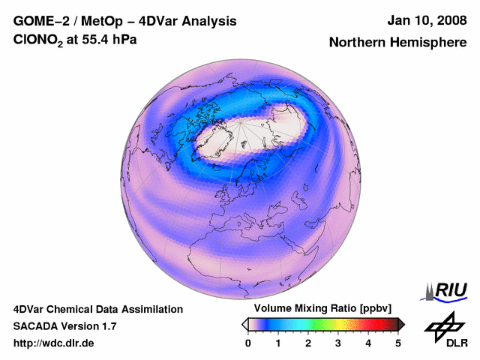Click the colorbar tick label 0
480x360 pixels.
coord(248,343)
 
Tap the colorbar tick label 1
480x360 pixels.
coord(278,343)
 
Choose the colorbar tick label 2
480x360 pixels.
coord(308,343)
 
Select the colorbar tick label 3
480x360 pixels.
coord(338,343)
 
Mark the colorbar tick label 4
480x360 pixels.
coord(368,343)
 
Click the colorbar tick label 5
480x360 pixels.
coord(398,343)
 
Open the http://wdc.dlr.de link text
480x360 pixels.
coord(54,343)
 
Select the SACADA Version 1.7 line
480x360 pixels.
coord(64,326)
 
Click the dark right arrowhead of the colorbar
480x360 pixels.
coord(401,324)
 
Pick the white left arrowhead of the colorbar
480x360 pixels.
coord(245,324)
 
